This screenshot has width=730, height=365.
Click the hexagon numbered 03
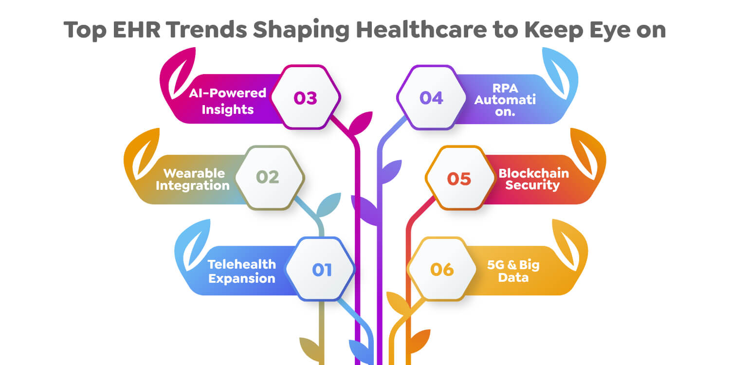coord(305,97)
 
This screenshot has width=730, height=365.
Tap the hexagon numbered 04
coord(431,97)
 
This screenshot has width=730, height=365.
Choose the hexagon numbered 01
coord(321,269)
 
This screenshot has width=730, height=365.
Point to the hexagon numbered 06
coord(442,269)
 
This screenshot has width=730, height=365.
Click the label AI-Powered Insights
coord(228,101)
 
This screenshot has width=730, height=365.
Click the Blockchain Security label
coord(533,179)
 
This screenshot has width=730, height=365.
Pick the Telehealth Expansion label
coord(242,271)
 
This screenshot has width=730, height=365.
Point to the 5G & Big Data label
coord(513,271)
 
